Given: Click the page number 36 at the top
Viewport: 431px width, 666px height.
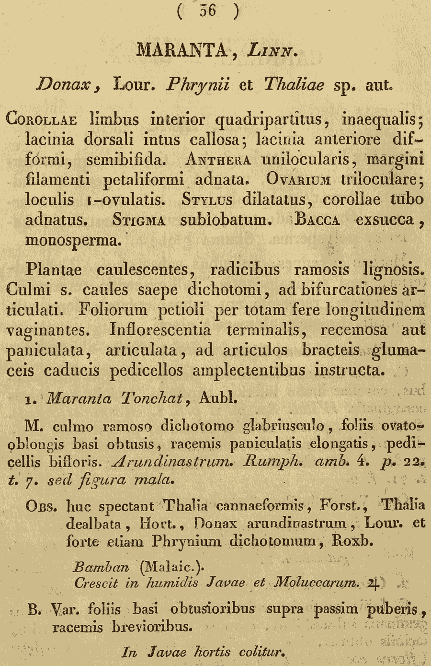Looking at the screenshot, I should click(208, 11).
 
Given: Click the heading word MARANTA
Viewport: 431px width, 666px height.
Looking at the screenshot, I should click(181, 50).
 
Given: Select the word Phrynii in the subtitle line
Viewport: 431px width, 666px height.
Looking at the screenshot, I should click(197, 85).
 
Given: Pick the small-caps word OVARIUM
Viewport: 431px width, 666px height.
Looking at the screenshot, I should click(298, 180).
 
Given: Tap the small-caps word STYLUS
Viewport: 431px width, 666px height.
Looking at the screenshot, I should click(207, 200).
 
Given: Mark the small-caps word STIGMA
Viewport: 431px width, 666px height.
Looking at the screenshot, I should click(139, 221).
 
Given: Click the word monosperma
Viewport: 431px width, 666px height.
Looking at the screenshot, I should click(71, 240).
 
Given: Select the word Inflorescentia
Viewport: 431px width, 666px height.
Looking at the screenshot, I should click(160, 330).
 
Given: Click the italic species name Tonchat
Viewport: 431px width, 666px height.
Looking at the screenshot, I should click(152, 398).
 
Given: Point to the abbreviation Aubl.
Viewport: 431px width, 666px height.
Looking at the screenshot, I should click(218, 398).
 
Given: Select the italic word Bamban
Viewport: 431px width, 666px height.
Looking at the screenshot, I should click(101, 567).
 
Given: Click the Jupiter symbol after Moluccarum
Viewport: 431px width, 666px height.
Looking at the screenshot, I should click(374, 584).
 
